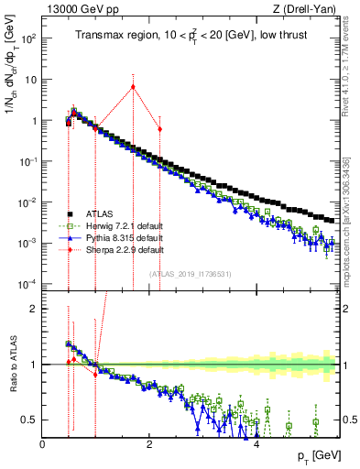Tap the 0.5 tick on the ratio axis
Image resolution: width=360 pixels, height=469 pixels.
click(x=30, y=420)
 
